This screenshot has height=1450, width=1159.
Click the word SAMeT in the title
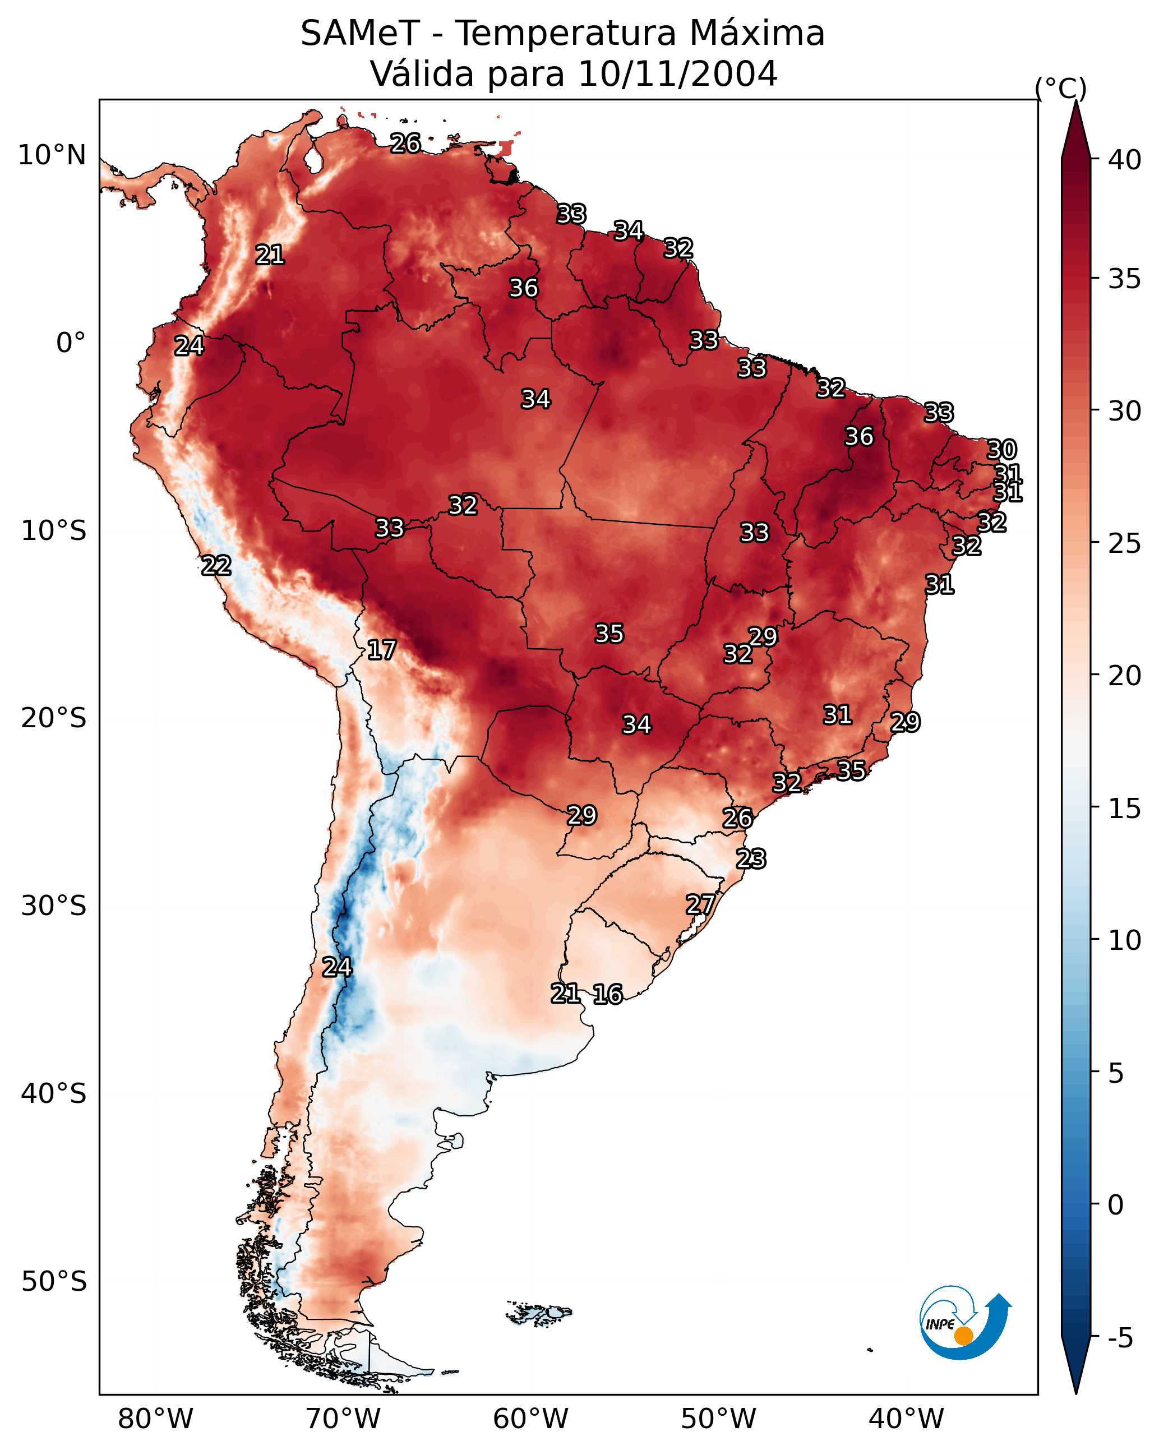click(360, 34)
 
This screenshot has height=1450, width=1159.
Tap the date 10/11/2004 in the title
click(677, 74)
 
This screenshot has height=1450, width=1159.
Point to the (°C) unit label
click(1061, 88)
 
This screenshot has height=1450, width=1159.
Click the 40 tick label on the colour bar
click(1125, 160)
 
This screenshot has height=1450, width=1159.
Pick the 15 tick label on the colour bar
click(1125, 809)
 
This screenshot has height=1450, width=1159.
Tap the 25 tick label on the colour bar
click(1125, 543)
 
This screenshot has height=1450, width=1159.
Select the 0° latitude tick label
click(71, 343)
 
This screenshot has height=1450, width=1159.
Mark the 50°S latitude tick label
click(54, 1282)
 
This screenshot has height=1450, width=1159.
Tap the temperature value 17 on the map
click(381, 650)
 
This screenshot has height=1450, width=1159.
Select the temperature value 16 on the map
click(608, 994)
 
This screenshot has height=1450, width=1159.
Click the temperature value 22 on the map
click(216, 566)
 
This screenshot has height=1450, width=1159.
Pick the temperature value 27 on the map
click(700, 904)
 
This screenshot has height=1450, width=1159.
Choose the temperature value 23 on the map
click(751, 859)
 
